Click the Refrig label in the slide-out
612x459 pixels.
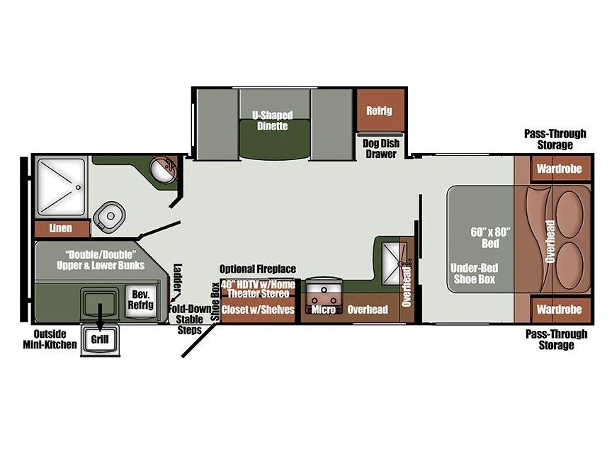(x=379, y=110)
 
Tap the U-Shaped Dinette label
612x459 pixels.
(x=273, y=120)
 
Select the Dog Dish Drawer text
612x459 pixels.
(x=381, y=149)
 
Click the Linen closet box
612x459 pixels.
(x=62, y=228)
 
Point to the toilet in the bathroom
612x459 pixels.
(x=110, y=216)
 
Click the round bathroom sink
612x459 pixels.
(x=164, y=169)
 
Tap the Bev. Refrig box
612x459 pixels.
(x=141, y=300)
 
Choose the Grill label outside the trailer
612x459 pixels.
(x=100, y=339)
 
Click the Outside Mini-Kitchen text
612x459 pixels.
(x=50, y=339)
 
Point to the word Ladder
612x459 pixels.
(x=178, y=278)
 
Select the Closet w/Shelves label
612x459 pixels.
(x=258, y=310)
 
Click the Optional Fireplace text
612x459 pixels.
(x=258, y=269)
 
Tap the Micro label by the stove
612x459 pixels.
(x=323, y=310)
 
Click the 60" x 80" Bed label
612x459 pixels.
(x=490, y=238)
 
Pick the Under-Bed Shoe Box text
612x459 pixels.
(x=474, y=273)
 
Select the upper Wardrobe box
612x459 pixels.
(x=560, y=169)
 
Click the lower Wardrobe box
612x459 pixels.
(x=560, y=310)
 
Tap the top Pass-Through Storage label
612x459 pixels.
(x=555, y=140)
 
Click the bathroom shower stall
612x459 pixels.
(x=61, y=187)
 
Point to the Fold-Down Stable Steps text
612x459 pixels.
(x=190, y=319)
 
